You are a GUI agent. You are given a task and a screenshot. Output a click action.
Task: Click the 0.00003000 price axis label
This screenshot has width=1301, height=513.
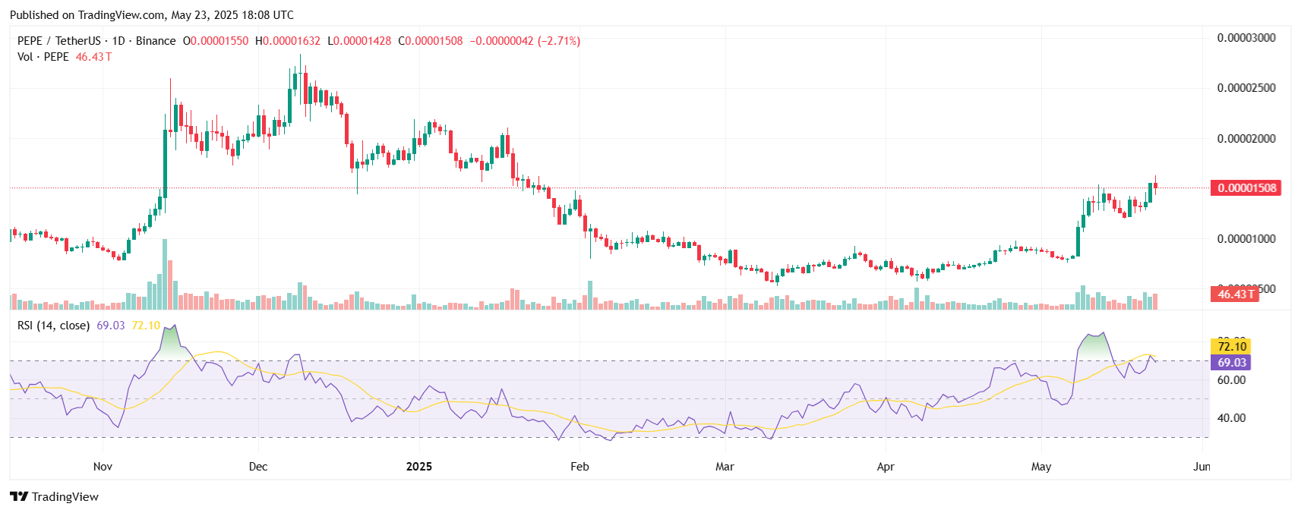coord(1246,38)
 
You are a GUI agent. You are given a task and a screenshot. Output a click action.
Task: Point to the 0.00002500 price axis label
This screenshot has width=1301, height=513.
coord(1246,88)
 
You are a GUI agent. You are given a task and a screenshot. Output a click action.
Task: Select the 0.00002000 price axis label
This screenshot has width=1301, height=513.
coord(1246,139)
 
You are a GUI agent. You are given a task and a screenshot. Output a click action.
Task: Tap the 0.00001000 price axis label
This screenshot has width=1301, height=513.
coord(1246,239)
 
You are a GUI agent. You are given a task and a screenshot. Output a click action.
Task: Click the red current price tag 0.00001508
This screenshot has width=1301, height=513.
coord(1246,188)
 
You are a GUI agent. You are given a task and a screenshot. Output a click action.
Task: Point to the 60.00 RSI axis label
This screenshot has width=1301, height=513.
coord(1232,380)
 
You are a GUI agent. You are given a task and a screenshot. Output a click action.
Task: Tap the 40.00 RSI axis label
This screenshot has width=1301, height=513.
coord(1232,418)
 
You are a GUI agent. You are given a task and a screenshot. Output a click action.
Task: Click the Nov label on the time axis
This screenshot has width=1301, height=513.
coord(103,467)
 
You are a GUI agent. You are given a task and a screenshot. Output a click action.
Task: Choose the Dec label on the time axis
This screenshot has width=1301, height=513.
coord(258,467)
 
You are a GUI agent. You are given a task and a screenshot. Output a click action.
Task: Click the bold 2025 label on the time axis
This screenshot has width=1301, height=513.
coord(419,467)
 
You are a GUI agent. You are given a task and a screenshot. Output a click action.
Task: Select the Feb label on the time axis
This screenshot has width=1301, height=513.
coord(579,467)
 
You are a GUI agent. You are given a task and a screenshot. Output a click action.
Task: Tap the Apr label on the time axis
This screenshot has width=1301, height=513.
coord(886,467)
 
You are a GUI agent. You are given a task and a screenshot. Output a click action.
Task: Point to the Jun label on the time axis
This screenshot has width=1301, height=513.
coord(1202,467)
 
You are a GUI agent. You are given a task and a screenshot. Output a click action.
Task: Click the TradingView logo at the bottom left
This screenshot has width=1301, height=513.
coord(55,497)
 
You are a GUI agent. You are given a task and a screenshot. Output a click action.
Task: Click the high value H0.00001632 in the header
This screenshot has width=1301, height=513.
coord(288,41)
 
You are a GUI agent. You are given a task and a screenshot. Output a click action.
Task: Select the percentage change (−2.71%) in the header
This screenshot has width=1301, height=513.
coord(559,41)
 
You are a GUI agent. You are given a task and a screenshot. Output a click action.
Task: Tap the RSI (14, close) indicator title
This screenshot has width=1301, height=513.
coord(53,326)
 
